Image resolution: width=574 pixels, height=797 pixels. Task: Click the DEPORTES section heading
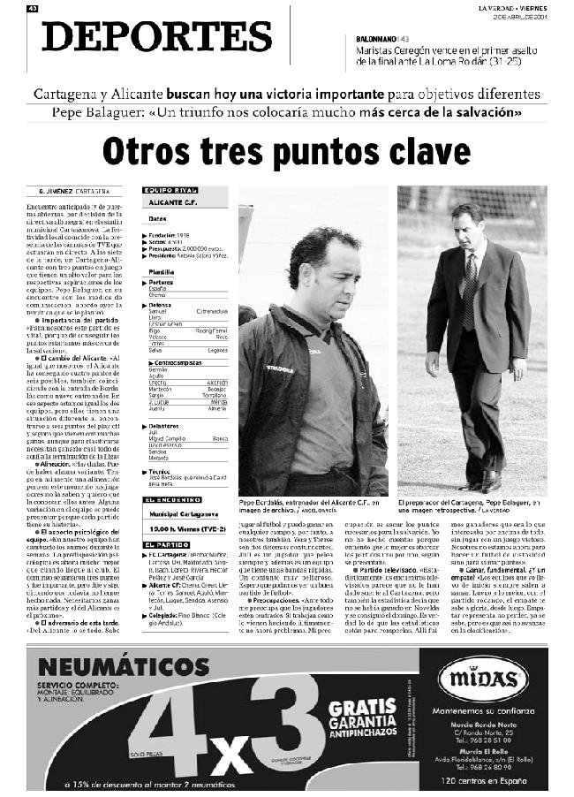(x=157, y=37)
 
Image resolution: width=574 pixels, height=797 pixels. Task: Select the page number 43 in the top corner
(x=32, y=9)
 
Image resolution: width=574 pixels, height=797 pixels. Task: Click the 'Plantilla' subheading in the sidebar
(x=162, y=272)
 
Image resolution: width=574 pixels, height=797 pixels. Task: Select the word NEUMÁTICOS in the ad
(x=98, y=667)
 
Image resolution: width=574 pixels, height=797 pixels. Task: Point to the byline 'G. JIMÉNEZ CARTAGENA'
(x=66, y=191)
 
